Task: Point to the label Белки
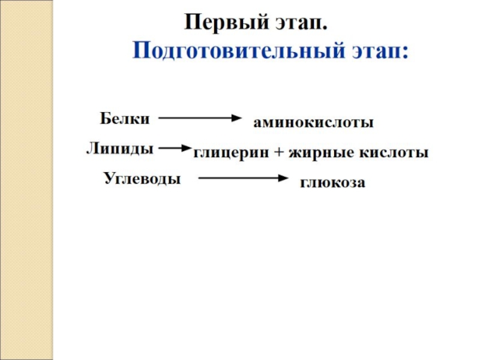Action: tap(124, 118)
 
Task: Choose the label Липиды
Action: tap(119, 148)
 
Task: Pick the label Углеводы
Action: tap(142, 178)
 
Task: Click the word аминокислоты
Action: tap(313, 123)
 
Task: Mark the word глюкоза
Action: tap(332, 182)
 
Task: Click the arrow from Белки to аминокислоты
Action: tap(199, 118)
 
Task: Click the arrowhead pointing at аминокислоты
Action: tap(235, 118)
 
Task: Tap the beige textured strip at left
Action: tap(26, 180)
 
